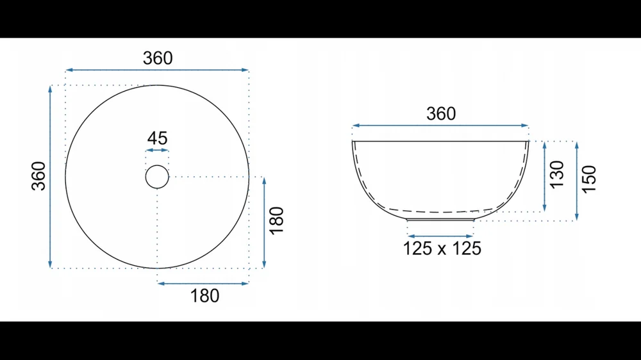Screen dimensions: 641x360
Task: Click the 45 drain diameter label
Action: pos(158,138)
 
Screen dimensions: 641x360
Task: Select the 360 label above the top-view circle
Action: pos(158,58)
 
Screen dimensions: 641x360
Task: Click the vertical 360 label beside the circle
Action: pos(39,176)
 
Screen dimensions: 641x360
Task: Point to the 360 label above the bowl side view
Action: pos(441,114)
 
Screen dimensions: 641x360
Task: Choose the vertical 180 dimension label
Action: pos(277,220)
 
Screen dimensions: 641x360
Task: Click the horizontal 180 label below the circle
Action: pos(205,296)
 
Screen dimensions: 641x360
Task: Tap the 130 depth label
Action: pos(557,174)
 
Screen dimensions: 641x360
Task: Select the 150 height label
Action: pos(589,179)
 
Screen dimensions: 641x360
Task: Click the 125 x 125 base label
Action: pos(442,249)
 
